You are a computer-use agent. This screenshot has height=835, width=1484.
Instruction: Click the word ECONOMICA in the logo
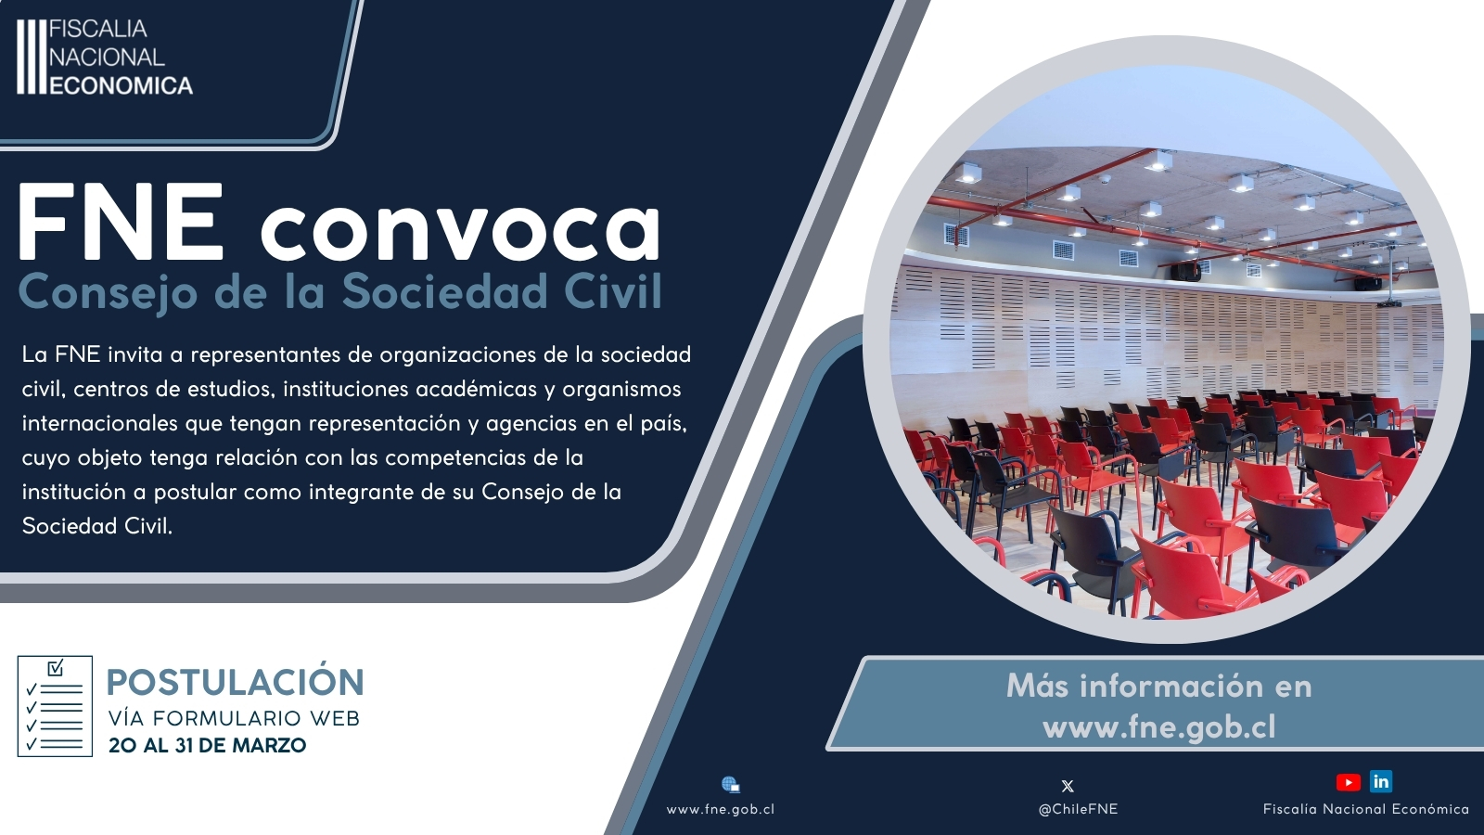pyautogui.click(x=122, y=85)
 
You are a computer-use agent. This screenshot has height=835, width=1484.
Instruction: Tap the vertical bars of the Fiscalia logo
pyautogui.click(x=32, y=57)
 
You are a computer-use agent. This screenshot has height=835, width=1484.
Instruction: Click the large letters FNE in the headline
pyautogui.click(x=120, y=222)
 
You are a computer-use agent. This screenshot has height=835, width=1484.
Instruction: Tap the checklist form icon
pyautogui.click(x=55, y=706)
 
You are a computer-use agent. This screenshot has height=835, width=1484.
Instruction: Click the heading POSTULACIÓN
pyautogui.click(x=236, y=682)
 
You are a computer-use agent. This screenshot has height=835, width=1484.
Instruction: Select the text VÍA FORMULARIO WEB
pyautogui.click(x=235, y=718)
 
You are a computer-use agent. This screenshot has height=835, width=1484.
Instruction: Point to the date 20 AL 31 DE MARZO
pyautogui.click(x=208, y=746)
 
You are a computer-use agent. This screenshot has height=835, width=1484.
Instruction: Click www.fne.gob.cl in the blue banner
pyautogui.click(x=1158, y=727)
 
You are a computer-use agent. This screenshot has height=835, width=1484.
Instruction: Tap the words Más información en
pyautogui.click(x=1158, y=686)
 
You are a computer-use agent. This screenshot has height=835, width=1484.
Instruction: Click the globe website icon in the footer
pyautogui.click(x=731, y=785)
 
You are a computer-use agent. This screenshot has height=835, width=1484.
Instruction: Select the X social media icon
pyautogui.click(x=1068, y=786)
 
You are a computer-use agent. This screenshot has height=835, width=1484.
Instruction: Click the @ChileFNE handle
pyautogui.click(x=1078, y=809)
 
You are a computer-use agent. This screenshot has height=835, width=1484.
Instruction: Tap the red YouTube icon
pyautogui.click(x=1349, y=783)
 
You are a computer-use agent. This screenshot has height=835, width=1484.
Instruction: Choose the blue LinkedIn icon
pyautogui.click(x=1381, y=782)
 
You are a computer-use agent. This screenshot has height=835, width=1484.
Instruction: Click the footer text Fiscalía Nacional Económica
pyautogui.click(x=1366, y=809)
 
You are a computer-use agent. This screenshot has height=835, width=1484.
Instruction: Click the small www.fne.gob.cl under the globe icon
pyautogui.click(x=720, y=809)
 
